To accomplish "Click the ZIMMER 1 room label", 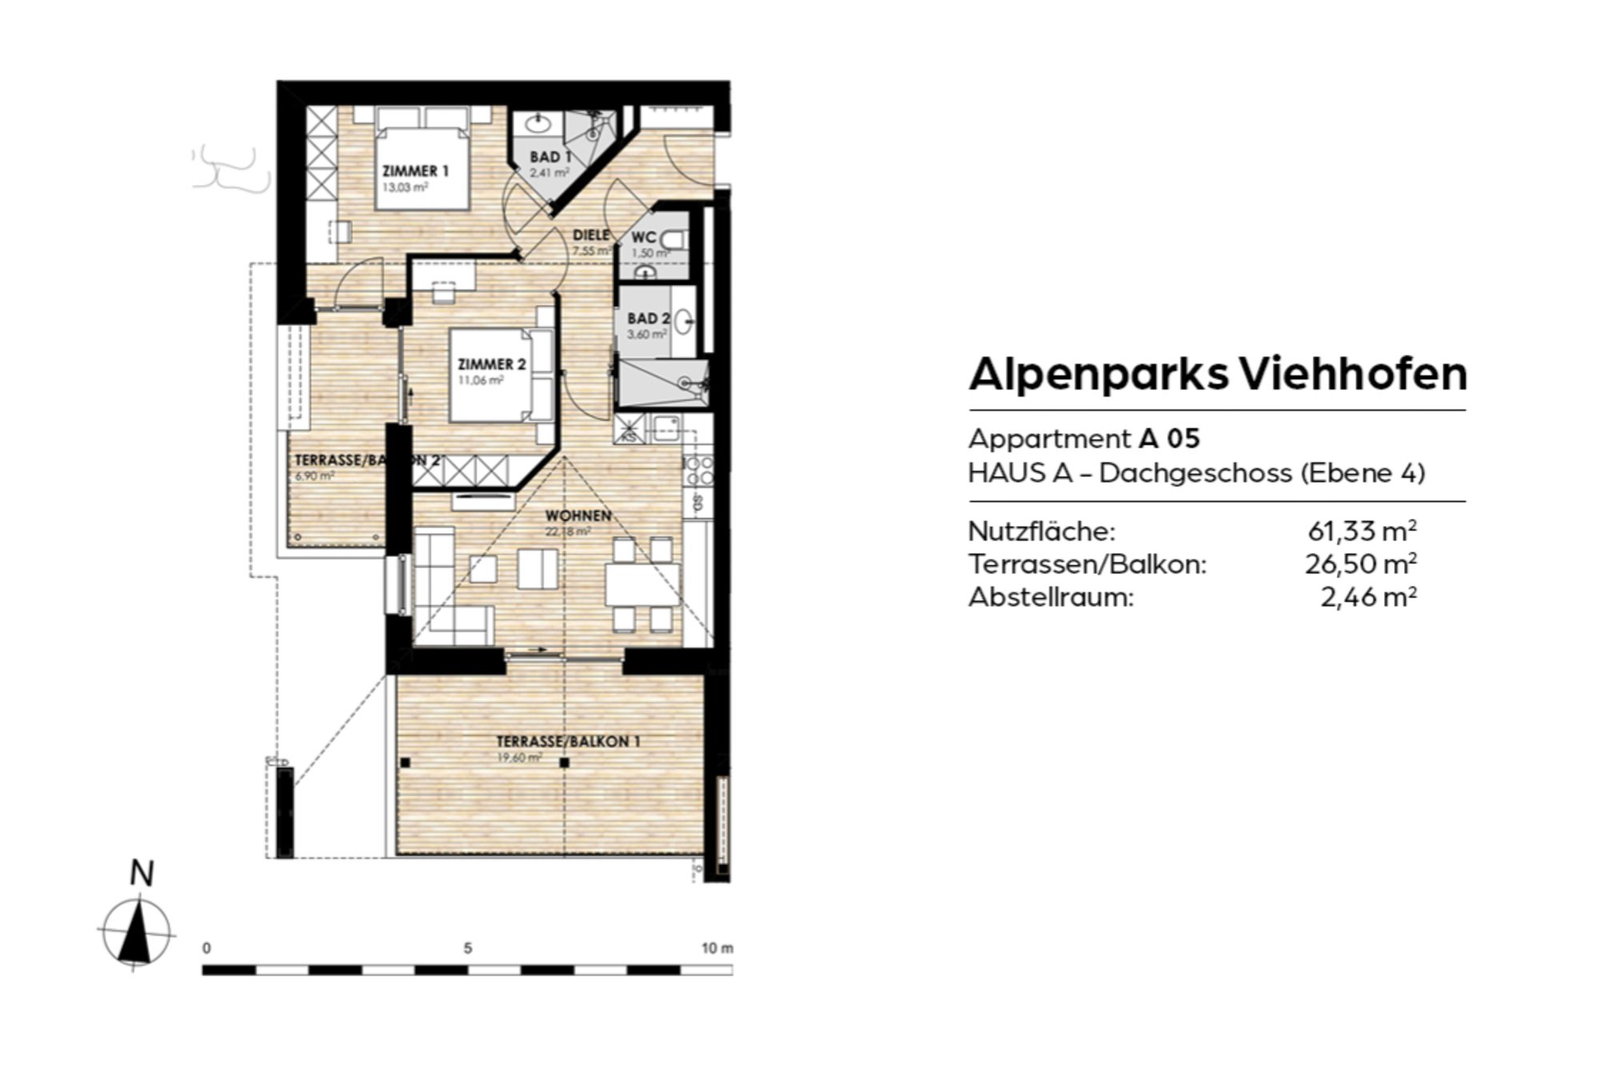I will click(415, 171).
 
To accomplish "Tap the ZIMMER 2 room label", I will click(491, 365).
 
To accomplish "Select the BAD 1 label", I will click(550, 158).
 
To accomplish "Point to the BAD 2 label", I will click(648, 319).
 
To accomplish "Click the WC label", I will click(644, 238).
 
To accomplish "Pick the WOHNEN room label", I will click(578, 516).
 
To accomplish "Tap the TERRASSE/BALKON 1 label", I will click(568, 742).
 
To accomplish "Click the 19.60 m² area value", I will click(519, 757).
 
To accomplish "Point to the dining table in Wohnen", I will click(642, 585).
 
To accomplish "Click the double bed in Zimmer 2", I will click(501, 375).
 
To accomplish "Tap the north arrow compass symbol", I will click(137, 932).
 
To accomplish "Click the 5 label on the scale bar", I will click(468, 948).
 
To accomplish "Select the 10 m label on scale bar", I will click(717, 948).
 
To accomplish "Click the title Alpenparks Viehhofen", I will click(1218, 373).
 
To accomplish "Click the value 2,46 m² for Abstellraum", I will click(1368, 597).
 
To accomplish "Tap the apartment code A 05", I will click(1169, 439).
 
